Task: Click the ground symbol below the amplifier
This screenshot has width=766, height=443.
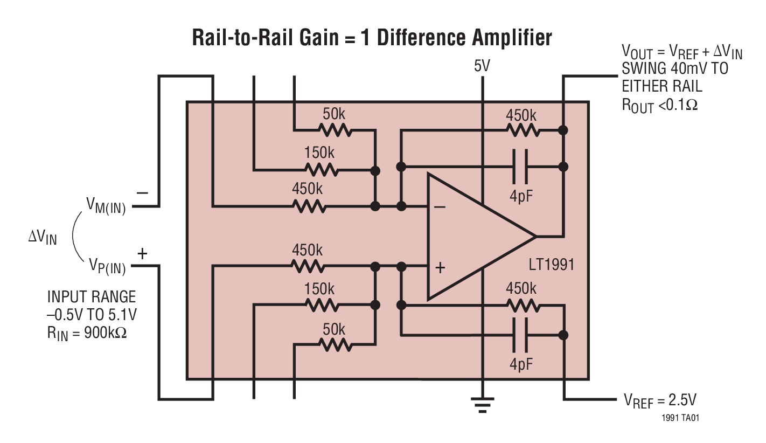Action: (482, 404)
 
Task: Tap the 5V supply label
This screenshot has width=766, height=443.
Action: (482, 67)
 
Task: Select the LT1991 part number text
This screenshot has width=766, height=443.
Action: (552, 265)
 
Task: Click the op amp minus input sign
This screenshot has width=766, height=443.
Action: (440, 206)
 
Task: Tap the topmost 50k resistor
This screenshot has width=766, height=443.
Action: (335, 130)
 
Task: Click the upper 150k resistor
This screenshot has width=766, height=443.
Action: (322, 170)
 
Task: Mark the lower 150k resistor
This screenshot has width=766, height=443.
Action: (322, 305)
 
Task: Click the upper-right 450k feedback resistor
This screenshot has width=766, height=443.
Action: (522, 130)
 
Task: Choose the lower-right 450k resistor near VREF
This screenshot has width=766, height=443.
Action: (522, 305)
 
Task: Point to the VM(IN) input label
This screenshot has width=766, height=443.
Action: (106, 206)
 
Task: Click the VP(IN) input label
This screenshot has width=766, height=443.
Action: (107, 266)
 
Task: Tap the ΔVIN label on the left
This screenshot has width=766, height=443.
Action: (43, 237)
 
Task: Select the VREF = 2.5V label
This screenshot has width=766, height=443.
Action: (660, 400)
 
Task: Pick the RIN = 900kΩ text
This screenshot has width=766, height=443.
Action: (87, 333)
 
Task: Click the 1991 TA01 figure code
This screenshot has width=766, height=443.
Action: (681, 418)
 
